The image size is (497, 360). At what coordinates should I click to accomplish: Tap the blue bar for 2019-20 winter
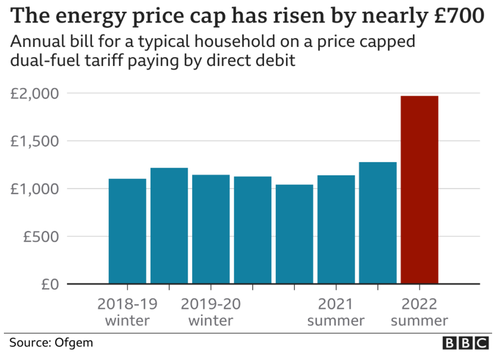(x=211, y=229)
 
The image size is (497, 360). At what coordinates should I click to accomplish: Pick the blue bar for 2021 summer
(x=336, y=229)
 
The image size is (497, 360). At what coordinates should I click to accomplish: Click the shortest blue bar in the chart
(x=294, y=234)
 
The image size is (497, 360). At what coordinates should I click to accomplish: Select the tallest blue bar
(x=378, y=223)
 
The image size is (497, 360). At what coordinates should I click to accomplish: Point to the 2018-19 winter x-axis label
(x=127, y=312)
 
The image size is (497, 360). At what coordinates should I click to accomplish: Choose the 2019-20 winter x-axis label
(x=211, y=312)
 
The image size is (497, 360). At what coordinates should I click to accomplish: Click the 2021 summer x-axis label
(x=336, y=312)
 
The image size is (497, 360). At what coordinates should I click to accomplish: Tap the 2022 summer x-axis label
(x=419, y=312)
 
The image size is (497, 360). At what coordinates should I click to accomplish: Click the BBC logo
(x=465, y=343)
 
